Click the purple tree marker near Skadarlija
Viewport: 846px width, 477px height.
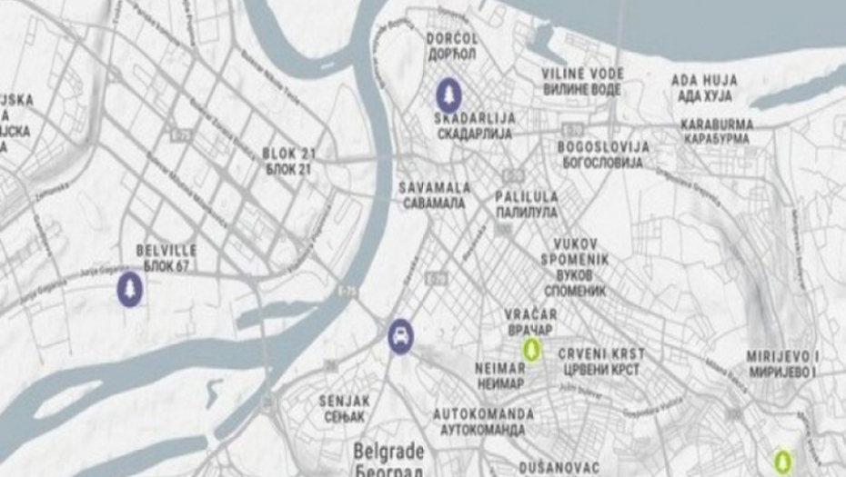[447, 94]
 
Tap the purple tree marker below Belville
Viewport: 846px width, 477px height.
[130, 290]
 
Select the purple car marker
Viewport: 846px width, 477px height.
[401, 336]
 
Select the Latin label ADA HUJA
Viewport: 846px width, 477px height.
[704, 80]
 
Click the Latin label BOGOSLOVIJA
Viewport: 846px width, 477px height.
[603, 147]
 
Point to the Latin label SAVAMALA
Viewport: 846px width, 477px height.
[435, 187]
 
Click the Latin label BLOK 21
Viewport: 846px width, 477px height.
[287, 153]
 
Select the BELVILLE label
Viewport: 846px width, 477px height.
[166, 250]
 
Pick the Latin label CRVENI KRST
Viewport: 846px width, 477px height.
[601, 353]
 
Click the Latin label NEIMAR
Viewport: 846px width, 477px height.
[499, 368]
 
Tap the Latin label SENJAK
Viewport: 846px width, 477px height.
[341, 400]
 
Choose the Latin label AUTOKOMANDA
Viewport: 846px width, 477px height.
[483, 413]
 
